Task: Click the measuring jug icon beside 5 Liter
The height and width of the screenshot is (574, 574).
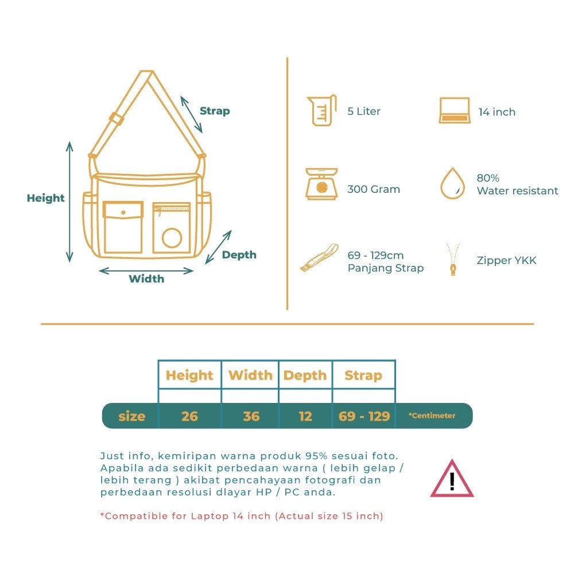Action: [322, 110]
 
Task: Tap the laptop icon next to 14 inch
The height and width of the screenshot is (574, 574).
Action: [454, 110]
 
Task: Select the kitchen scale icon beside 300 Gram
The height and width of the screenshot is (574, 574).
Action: [321, 184]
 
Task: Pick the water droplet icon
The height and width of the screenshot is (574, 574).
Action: [452, 184]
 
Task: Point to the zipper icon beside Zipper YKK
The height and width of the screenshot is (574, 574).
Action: [453, 259]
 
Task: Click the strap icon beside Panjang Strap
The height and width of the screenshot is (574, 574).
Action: [319, 257]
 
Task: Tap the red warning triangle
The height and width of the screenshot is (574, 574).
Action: [452, 479]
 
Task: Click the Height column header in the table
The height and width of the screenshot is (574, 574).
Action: [189, 375]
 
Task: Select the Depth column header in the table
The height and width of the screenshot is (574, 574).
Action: [305, 375]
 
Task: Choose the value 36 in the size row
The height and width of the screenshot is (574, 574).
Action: [251, 416]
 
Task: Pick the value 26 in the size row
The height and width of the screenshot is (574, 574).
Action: [189, 416]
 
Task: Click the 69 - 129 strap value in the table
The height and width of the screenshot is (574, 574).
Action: [364, 416]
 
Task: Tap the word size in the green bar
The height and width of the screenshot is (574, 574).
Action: [132, 417]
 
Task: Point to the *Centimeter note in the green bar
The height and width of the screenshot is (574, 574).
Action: [432, 416]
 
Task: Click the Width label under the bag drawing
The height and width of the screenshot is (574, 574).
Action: [146, 279]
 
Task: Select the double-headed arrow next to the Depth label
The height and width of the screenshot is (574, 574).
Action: [218, 247]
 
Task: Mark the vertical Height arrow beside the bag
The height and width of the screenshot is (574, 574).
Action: [69, 201]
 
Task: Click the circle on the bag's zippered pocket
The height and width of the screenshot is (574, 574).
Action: [172, 238]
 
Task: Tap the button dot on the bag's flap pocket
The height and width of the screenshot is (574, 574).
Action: [123, 212]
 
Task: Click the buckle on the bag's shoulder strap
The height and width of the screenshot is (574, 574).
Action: [117, 118]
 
